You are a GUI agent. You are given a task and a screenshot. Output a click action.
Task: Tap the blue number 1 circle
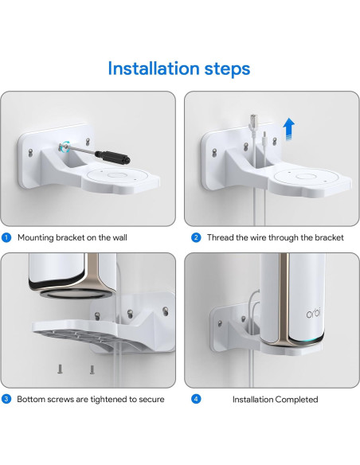(x=6, y=237)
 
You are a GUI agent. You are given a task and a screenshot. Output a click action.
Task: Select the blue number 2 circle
(x=195, y=237)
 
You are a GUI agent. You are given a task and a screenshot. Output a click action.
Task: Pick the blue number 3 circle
(x=6, y=399)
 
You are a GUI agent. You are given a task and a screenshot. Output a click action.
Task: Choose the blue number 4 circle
(x=195, y=399)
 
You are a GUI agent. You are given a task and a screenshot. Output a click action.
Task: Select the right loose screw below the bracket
(x=92, y=369)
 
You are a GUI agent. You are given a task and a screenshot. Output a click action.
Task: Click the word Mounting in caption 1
(x=37, y=237)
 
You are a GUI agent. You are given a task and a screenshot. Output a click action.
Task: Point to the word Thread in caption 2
(x=221, y=237)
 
